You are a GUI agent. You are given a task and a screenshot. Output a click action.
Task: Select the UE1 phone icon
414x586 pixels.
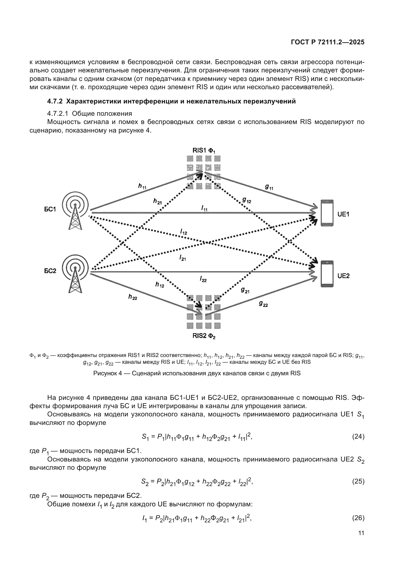coord(327,213)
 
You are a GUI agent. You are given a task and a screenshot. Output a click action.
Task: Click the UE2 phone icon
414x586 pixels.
coord(327,274)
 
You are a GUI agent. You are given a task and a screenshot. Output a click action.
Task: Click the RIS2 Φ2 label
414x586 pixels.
coord(204,336)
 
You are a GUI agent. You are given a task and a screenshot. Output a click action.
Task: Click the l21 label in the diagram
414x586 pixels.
coord(182,258)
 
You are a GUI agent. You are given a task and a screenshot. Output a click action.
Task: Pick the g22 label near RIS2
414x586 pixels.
coord(263,303)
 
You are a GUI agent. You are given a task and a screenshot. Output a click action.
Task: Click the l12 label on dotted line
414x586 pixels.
coord(183,232)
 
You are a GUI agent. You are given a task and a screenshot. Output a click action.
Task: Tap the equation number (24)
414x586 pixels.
coord(358,436)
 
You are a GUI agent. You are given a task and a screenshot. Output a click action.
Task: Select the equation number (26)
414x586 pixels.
coord(358,518)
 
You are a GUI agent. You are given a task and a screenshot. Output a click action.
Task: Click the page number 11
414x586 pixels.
coord(361,533)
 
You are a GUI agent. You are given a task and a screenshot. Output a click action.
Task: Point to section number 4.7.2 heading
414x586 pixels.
coord(55,101)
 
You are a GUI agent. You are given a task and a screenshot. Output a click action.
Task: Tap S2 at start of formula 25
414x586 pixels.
coord(144,482)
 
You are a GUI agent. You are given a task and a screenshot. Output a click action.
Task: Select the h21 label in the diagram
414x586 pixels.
coord(157,201)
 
